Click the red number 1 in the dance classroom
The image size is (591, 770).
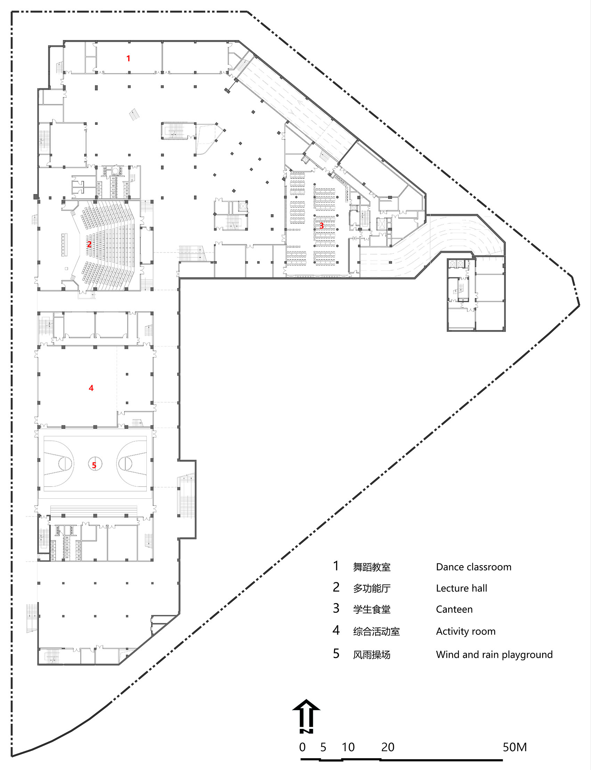[x=128, y=58]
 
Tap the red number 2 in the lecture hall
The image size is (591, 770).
[x=89, y=244]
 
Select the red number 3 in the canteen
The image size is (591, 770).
[x=321, y=226]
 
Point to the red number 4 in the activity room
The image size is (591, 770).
[x=91, y=388]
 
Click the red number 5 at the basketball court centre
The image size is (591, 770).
[x=94, y=465]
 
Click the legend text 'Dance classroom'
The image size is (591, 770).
[x=473, y=567]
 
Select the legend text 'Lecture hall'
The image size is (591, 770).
[x=462, y=588]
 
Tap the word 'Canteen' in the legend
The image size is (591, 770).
[x=454, y=609]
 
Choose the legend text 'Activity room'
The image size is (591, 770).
[x=466, y=631]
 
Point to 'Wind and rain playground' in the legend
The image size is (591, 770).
[x=494, y=654]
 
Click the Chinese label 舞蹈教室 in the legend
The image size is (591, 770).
[x=372, y=567]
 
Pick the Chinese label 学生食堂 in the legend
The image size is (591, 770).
[x=372, y=610]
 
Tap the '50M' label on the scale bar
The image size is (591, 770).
[x=515, y=747]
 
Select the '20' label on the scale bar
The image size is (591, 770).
[x=388, y=747]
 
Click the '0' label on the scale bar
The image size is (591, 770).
[x=302, y=747]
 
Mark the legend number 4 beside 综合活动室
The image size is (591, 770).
[x=336, y=630]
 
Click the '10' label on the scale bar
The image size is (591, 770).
[x=348, y=747]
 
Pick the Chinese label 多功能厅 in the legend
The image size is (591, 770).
[x=372, y=588]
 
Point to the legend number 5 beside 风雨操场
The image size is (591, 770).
[x=336, y=653]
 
